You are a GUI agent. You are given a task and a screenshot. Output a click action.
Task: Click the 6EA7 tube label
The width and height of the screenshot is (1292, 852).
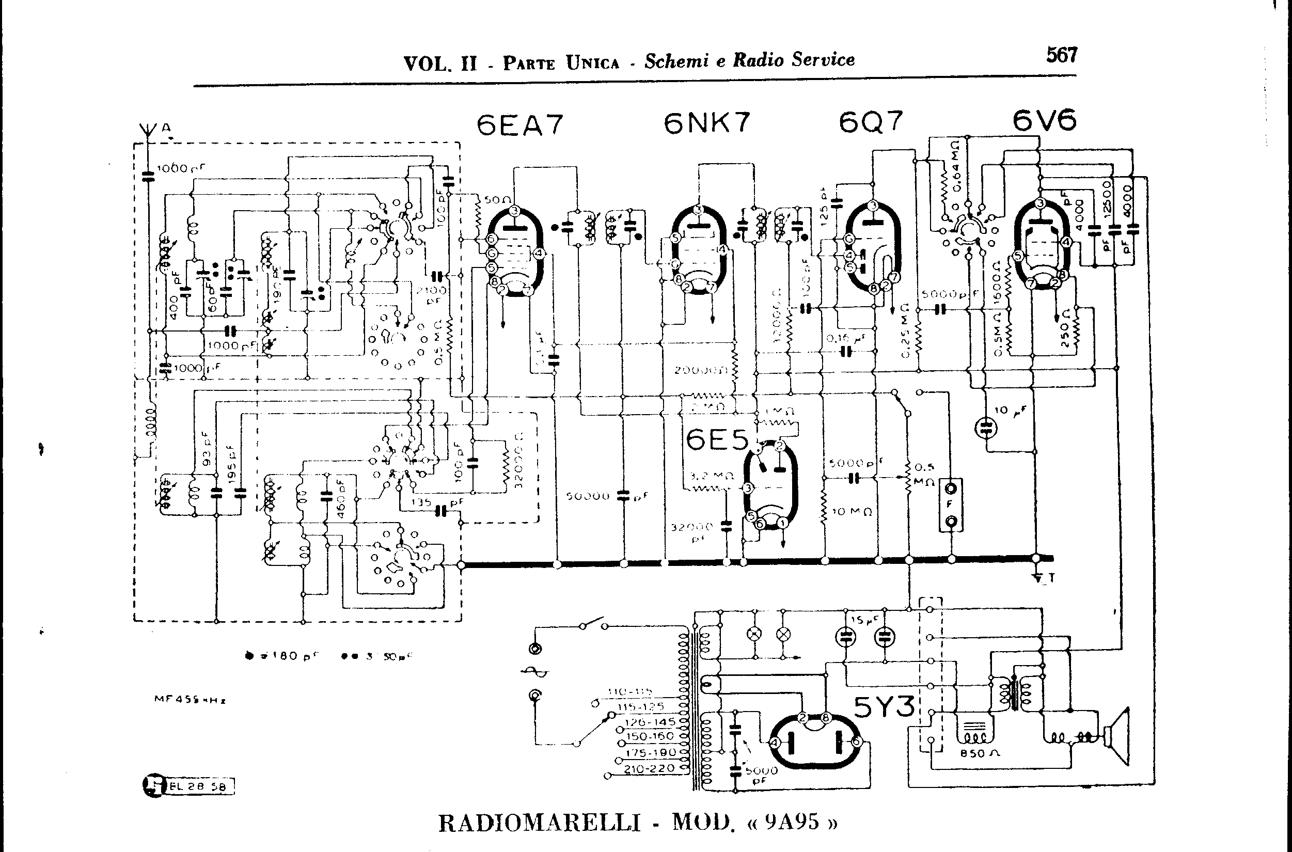pos(519,125)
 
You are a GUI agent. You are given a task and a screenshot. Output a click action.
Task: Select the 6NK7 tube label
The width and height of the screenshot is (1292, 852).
pos(706,123)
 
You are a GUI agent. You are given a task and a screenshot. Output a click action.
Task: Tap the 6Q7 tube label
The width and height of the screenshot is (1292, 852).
pos(871,122)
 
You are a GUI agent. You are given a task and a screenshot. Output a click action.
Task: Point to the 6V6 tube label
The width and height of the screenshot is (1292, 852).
pos(1044,120)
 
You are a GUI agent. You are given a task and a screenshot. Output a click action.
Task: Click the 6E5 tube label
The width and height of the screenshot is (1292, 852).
pos(717,440)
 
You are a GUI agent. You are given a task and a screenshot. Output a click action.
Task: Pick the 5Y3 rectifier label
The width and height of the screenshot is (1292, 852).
pos(884,707)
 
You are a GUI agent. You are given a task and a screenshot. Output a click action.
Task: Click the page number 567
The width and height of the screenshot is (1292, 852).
pos(1061,55)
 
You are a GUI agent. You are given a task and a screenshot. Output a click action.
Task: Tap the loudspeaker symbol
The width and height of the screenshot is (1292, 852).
pos(1117,737)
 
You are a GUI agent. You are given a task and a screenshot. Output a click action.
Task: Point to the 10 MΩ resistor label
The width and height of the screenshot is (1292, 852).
pos(852,511)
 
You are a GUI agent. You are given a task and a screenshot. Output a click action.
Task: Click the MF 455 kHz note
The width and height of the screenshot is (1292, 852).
pos(190,700)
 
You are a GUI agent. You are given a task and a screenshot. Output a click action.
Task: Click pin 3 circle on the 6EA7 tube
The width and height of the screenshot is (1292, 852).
pos(515,211)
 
